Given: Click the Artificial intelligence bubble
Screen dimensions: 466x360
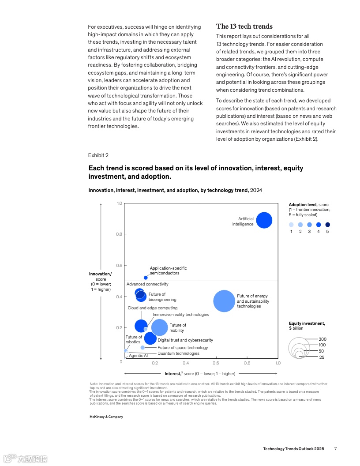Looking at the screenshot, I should pyautogui.click(x=264, y=220).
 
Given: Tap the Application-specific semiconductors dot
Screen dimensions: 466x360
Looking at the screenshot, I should pyautogui.click(x=146, y=278).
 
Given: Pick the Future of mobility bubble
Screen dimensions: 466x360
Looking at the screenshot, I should pyautogui.click(x=160, y=327).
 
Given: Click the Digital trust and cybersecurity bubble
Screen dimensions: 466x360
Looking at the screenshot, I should pyautogui.click(x=150, y=338).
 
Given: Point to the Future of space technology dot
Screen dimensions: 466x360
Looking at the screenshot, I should pyautogui.click(x=142, y=348).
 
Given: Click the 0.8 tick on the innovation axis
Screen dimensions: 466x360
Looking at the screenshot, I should pyautogui.click(x=119, y=234).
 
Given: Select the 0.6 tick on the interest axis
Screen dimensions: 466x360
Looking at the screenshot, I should pyautogui.click(x=216, y=363).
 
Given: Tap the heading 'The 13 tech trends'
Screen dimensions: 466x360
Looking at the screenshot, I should pyautogui.click(x=244, y=26).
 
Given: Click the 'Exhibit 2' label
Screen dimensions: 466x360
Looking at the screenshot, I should pyautogui.click(x=98, y=155).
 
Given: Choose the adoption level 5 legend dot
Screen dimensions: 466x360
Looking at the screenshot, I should pyautogui.click(x=327, y=225).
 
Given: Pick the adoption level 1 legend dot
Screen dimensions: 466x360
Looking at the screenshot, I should pyautogui.click(x=291, y=225).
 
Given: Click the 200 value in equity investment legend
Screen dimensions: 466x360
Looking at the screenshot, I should pyautogui.click(x=322, y=339).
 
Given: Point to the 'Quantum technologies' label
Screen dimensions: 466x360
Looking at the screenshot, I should pyautogui.click(x=178, y=353).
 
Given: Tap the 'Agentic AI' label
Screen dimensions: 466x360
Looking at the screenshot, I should pyautogui.click(x=138, y=356).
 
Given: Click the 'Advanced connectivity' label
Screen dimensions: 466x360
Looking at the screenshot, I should pyautogui.click(x=147, y=284).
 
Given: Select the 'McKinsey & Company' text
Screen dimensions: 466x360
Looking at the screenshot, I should pyautogui.click(x=106, y=417).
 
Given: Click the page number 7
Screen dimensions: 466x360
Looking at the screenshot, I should pyautogui.click(x=335, y=449).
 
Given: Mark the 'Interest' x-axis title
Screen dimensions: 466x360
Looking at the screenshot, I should pyautogui.click(x=172, y=374).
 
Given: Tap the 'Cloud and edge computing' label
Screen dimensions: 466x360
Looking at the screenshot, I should pyautogui.click(x=153, y=308).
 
